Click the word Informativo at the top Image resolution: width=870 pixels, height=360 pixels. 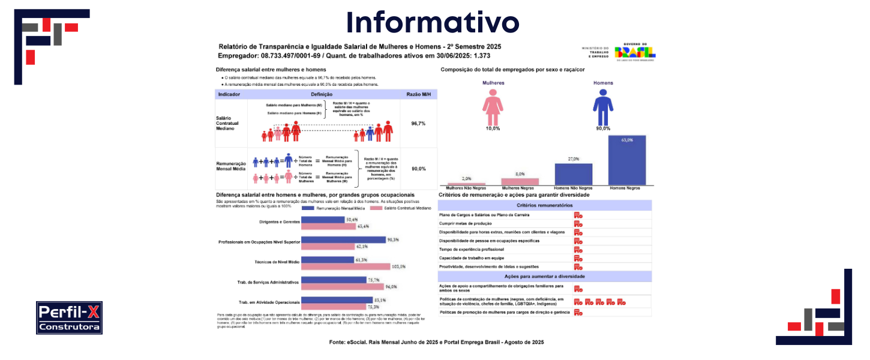click(433, 23)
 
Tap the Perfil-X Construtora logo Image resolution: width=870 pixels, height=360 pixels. click(69, 317)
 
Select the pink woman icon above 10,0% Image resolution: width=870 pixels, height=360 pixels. click(493, 107)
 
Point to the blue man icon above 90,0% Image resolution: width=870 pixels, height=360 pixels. click(602, 107)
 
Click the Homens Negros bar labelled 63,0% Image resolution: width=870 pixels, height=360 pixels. click(627, 160)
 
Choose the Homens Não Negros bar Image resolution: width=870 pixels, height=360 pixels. click(573, 174)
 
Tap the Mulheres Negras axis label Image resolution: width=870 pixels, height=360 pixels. click(520, 188)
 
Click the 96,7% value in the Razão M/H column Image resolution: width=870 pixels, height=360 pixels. click(418, 123)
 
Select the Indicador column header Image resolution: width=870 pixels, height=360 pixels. click(230, 95)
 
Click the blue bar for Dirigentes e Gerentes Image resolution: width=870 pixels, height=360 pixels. click(323, 220)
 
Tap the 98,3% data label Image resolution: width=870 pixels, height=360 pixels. click(393, 240)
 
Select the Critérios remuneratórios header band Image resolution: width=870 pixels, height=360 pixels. click(544, 205)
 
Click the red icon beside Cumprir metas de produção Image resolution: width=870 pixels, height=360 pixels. click(578, 224)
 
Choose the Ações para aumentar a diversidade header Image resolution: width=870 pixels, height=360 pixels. click(544, 276)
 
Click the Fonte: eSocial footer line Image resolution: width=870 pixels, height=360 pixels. click(436, 342)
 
